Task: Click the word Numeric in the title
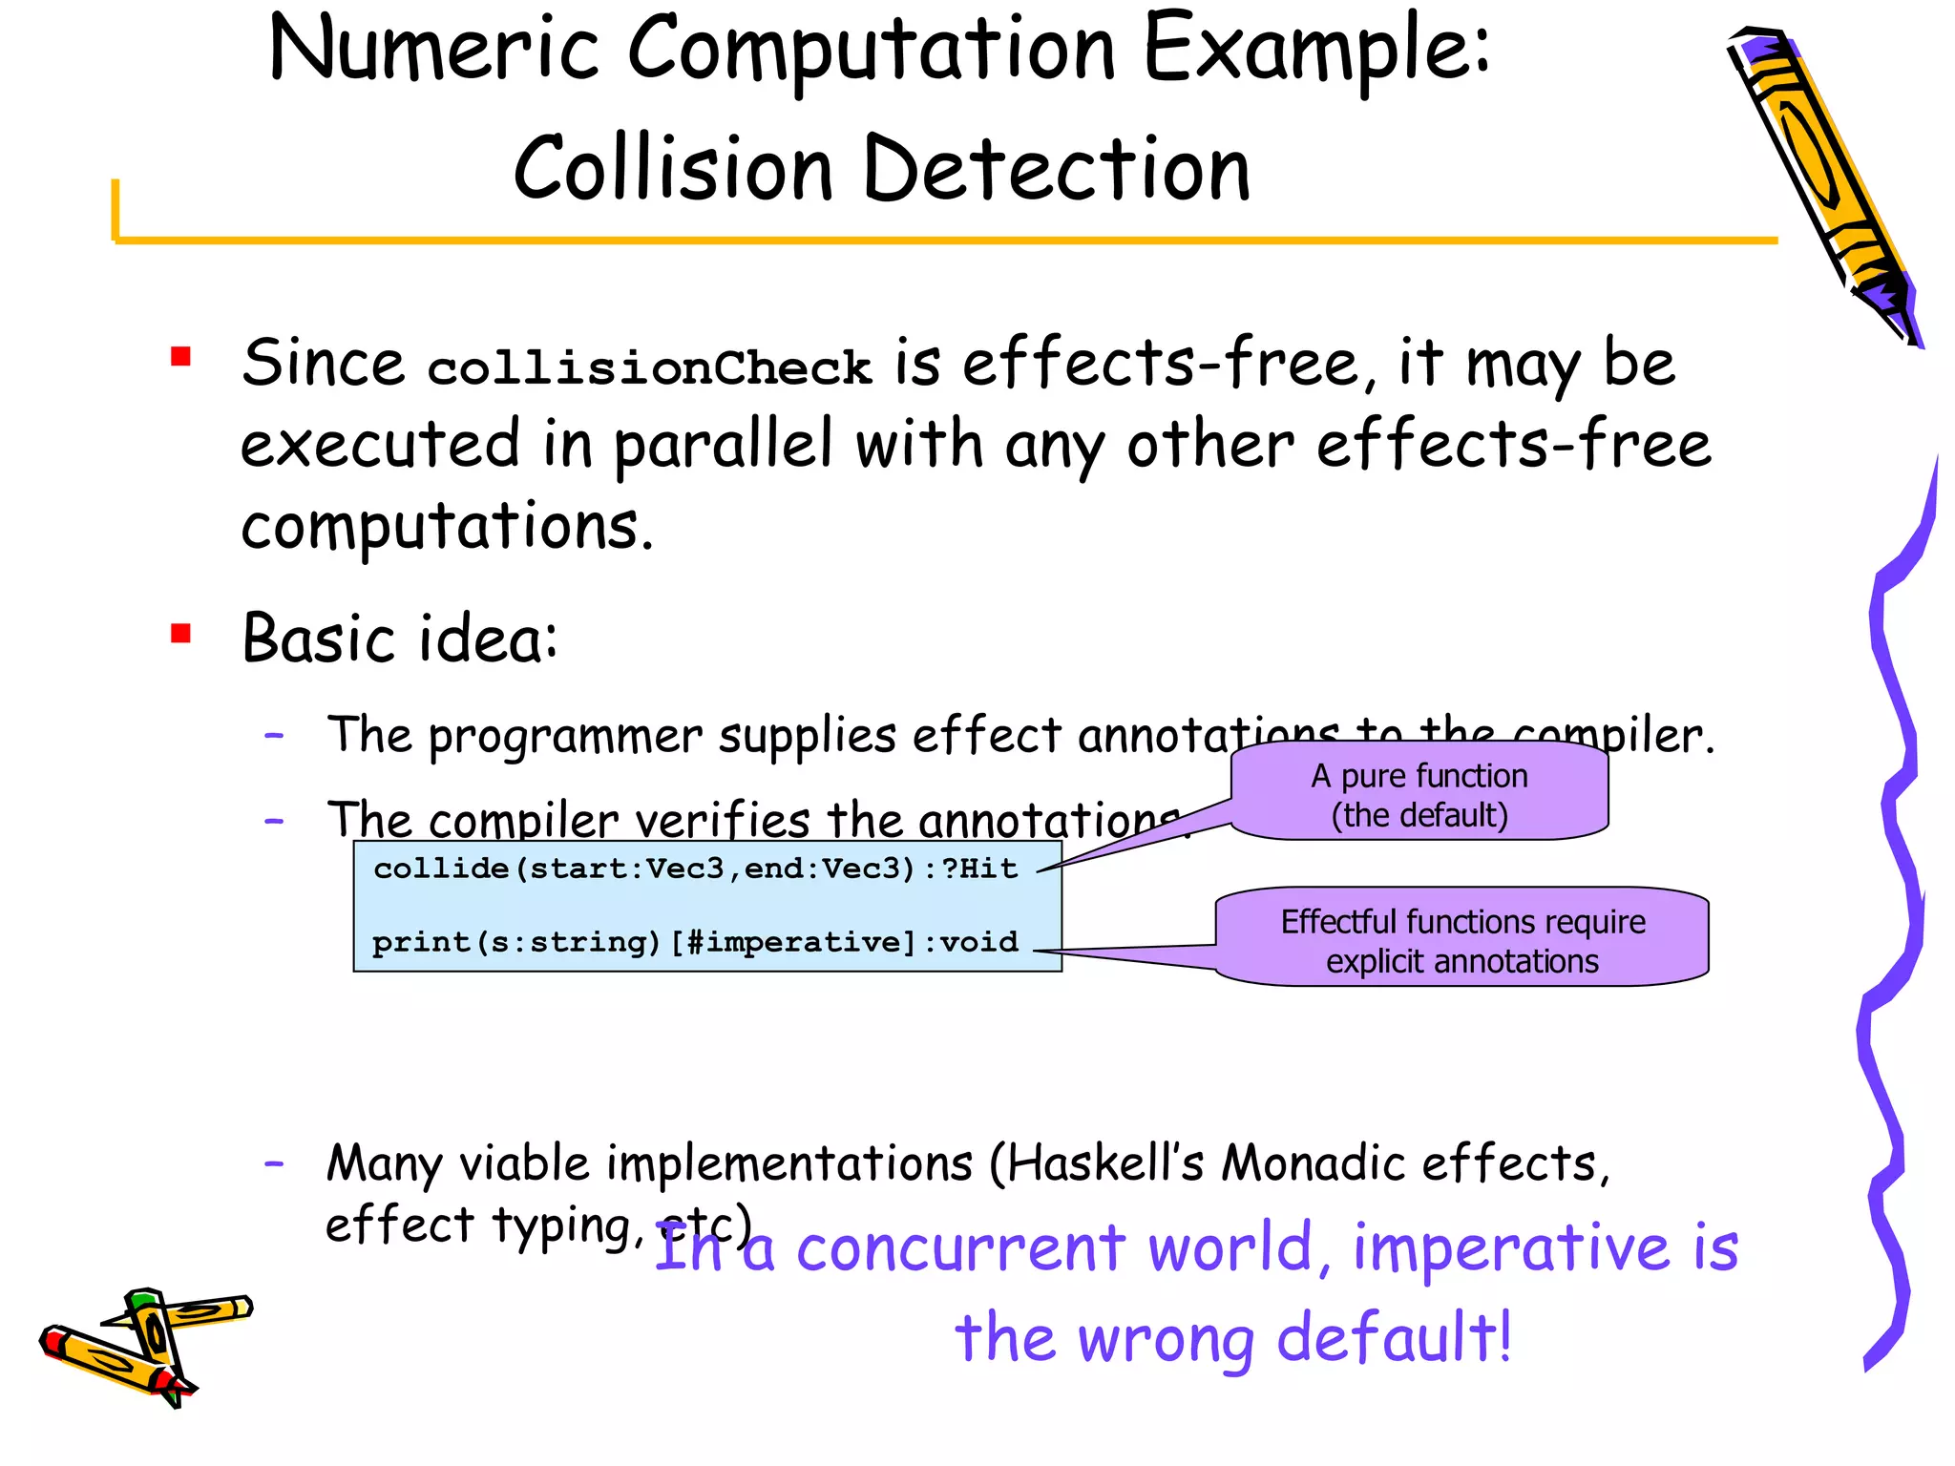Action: click(434, 50)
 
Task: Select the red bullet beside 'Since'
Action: click(180, 357)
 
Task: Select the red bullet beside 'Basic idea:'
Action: click(180, 634)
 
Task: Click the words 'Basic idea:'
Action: click(400, 638)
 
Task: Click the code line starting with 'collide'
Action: click(695, 869)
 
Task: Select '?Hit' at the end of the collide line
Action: click(980, 869)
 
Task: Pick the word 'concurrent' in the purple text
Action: click(961, 1248)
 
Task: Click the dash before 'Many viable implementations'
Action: click(275, 1163)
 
